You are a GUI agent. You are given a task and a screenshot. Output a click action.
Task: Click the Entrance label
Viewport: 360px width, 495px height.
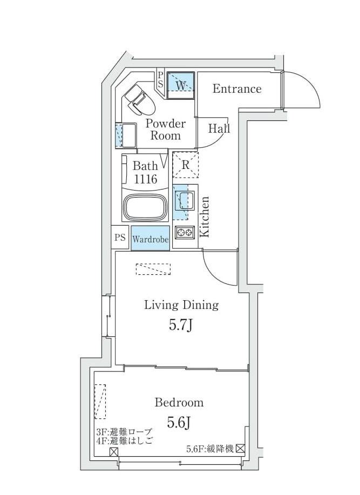tap(236, 89)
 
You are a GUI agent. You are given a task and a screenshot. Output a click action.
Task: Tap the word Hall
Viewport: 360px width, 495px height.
tap(219, 129)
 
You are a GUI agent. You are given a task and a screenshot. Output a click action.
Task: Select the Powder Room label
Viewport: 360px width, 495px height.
tap(165, 130)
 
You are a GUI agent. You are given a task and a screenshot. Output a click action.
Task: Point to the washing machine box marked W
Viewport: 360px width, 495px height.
tap(180, 85)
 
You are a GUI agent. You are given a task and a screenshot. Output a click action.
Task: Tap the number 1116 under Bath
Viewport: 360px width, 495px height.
tap(145, 180)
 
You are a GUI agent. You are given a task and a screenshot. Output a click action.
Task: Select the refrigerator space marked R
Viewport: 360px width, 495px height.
tap(185, 165)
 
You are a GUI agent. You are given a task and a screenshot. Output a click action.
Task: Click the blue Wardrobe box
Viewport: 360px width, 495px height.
tap(150, 239)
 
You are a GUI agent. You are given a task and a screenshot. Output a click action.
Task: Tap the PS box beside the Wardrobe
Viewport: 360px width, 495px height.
tap(120, 238)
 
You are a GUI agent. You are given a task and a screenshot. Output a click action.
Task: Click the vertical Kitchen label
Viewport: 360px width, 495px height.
tap(205, 216)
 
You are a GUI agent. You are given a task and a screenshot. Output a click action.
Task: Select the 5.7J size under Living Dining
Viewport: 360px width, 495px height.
tap(181, 325)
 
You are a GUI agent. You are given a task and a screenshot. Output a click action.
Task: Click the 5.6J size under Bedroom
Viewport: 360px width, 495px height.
tap(179, 423)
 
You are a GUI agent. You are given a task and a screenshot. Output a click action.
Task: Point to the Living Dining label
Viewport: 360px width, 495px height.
tap(181, 305)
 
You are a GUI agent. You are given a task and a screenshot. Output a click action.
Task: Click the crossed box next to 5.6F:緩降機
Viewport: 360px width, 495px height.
tap(240, 448)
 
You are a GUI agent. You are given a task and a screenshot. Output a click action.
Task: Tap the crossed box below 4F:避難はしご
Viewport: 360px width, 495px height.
tap(114, 452)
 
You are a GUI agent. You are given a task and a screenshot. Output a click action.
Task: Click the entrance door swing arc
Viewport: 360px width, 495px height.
tap(305, 89)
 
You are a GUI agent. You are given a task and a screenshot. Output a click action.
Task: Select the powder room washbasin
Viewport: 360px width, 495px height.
tap(128, 135)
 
